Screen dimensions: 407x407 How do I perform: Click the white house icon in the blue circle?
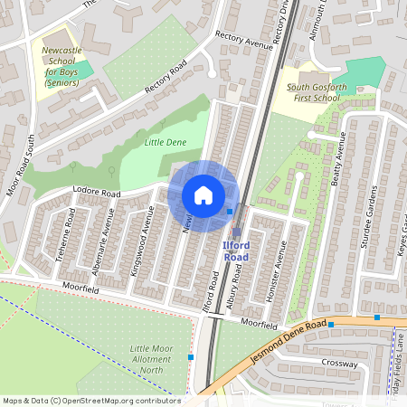point(203,195)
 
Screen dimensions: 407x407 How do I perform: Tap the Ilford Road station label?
point(235,251)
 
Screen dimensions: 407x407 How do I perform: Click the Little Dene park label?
point(164,142)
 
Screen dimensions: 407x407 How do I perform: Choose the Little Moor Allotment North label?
point(150,359)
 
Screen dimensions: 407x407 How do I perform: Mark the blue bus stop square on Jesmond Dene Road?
point(331,324)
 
